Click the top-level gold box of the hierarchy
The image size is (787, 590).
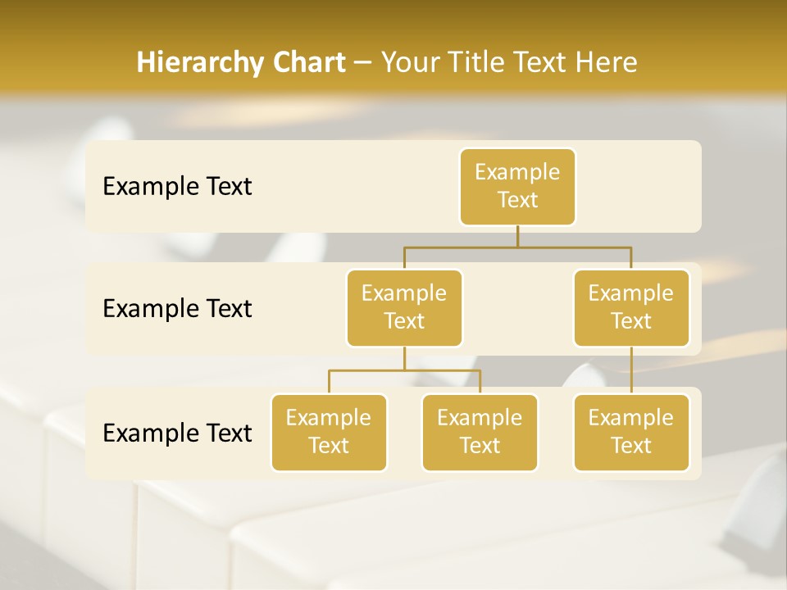point(517,186)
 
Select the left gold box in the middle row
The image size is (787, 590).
point(404,307)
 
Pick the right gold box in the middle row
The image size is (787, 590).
point(631,307)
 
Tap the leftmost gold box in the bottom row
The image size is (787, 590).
point(329,432)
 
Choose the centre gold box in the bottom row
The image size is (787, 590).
point(480,432)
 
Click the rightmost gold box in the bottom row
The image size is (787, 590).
point(631,432)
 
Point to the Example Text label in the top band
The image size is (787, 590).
point(177,186)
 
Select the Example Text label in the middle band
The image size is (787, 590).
point(177,308)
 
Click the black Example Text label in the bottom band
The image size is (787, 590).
point(177,433)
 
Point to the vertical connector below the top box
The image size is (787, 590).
point(517,236)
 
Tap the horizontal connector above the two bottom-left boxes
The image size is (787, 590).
point(404,370)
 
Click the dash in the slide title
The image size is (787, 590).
point(363,63)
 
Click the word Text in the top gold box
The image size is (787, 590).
point(517,200)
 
